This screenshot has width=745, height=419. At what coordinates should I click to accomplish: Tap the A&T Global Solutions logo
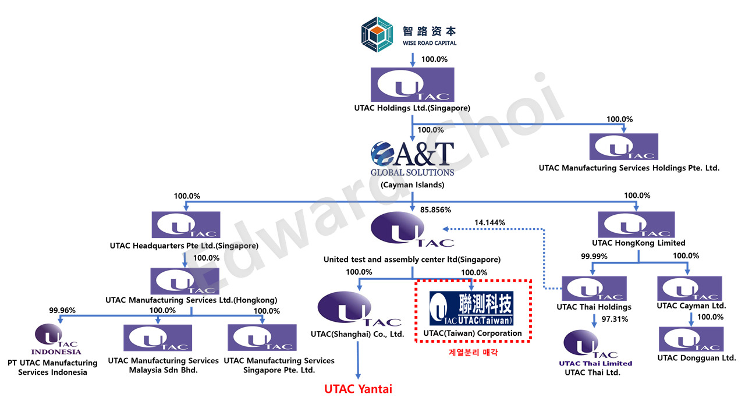click(x=412, y=158)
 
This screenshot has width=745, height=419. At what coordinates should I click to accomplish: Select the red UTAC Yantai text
click(x=358, y=389)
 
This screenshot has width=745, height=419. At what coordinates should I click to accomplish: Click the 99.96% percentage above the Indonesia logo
click(x=62, y=310)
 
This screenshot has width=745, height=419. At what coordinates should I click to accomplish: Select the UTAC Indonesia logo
click(x=56, y=339)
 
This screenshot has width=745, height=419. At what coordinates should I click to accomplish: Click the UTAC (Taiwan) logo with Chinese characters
click(x=472, y=308)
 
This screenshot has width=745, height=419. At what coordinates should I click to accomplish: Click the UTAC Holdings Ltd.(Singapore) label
click(x=412, y=108)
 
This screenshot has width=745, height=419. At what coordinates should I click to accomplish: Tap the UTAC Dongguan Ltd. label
click(x=697, y=358)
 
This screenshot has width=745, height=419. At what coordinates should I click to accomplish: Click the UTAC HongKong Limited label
click(x=638, y=243)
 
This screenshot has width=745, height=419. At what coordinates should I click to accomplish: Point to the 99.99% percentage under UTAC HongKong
click(x=594, y=256)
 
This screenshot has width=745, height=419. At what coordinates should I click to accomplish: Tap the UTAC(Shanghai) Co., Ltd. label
click(x=357, y=334)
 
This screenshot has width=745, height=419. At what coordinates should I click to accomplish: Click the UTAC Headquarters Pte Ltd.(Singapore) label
click(x=184, y=246)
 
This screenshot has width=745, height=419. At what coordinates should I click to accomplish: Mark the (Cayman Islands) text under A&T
click(x=412, y=185)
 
